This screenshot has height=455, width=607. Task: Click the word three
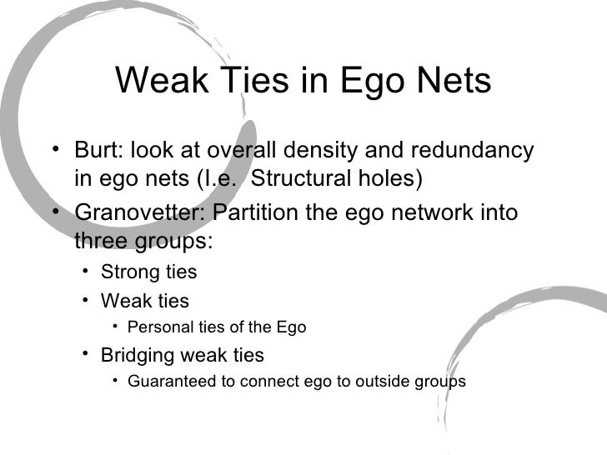(x=102, y=240)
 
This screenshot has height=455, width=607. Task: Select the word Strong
(x=126, y=272)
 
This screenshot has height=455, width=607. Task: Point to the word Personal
(x=156, y=327)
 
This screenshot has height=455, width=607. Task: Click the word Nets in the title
(x=449, y=82)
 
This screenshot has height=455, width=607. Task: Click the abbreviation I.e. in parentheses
(x=226, y=178)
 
